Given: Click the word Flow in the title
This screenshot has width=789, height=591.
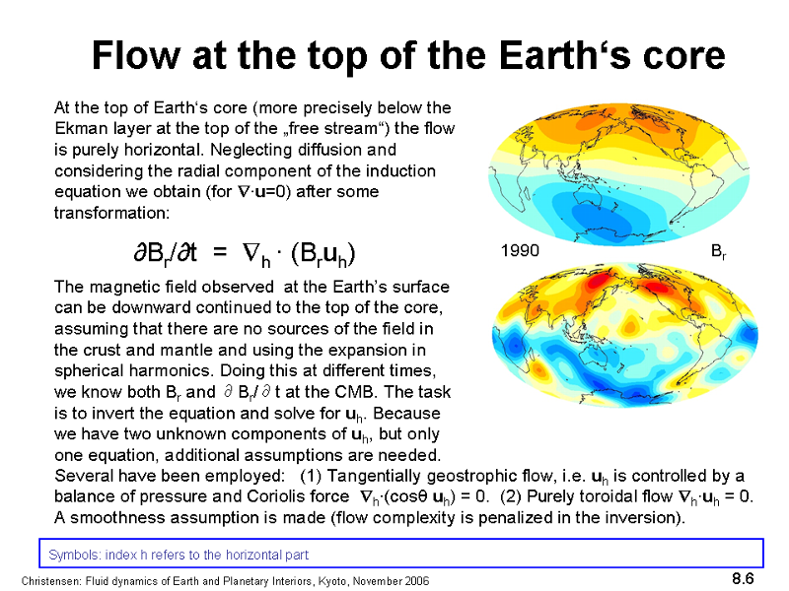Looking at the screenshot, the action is [136, 55].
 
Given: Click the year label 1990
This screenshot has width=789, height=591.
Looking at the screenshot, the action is [520, 250].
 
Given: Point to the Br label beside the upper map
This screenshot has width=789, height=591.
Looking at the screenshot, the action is [718, 251].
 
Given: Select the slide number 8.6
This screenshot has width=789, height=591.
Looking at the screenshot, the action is [743, 578].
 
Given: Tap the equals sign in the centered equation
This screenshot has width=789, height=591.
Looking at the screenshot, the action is [219, 253].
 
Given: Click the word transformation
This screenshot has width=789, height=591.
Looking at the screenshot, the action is [110, 213].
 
